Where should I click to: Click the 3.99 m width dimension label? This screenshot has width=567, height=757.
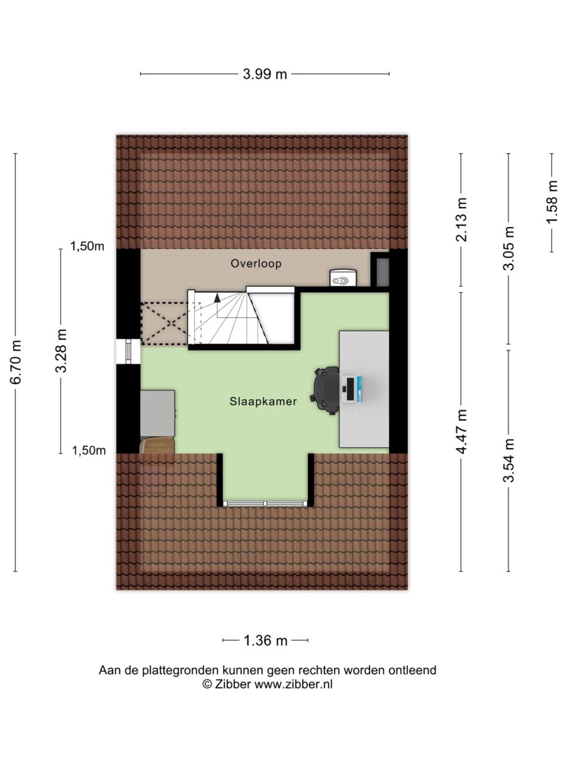(x=265, y=74)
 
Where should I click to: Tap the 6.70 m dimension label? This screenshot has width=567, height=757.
(x=16, y=362)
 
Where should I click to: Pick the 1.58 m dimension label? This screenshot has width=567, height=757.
(x=552, y=202)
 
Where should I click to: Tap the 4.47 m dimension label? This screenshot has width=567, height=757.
(x=462, y=431)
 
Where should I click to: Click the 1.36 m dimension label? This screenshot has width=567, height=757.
(x=265, y=640)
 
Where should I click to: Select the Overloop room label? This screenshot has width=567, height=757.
(x=256, y=264)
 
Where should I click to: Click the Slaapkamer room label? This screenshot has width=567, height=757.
(x=263, y=401)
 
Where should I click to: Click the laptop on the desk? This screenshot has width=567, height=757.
(x=353, y=389)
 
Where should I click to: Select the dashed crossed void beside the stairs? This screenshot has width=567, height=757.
(x=164, y=324)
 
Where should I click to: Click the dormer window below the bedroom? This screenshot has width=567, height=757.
(x=265, y=504)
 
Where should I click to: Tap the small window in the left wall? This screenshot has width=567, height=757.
(x=128, y=352)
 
